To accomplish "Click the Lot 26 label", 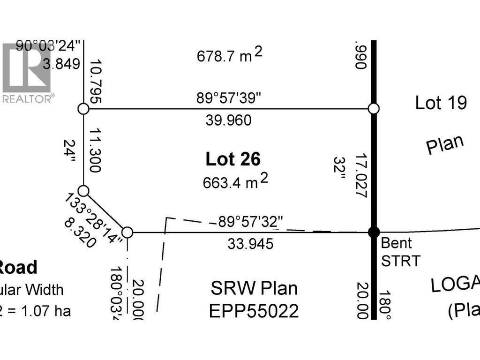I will tap(233, 159).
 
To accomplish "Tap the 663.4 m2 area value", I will tap(235, 181).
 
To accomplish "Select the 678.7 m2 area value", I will tap(229, 56).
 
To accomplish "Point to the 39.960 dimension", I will tap(229, 120).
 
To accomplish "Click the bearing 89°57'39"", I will tap(229, 99).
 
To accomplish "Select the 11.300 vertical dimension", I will tap(95, 150).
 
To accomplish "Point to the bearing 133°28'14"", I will tap(94, 217).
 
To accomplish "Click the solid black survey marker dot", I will tap(374, 232).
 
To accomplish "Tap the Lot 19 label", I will tap(441, 103).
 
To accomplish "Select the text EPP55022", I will tap(255, 311).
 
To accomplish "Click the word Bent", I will tap(397, 243).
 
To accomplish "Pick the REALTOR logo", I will tap(27, 73).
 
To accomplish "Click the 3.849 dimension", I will tap(61, 64).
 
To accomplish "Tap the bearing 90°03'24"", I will tap(49, 46).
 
